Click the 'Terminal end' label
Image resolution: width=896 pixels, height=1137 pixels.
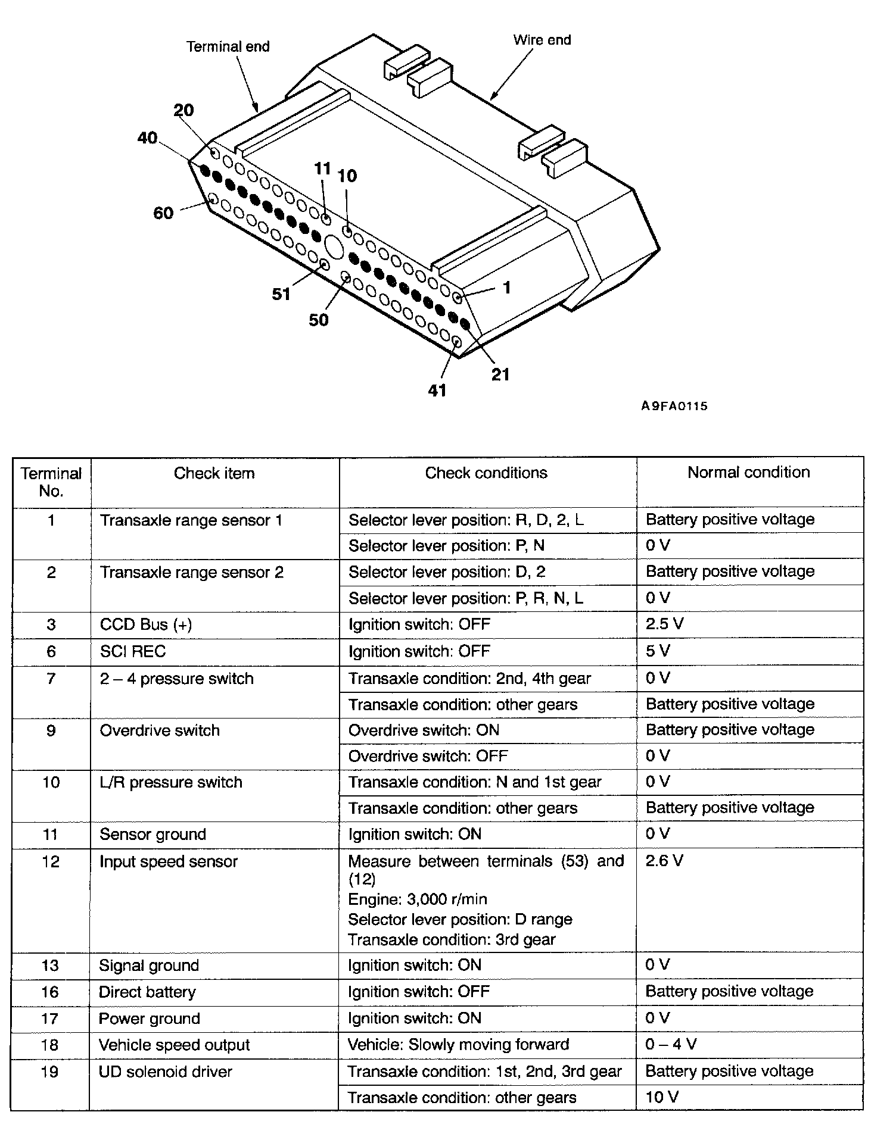point(228,46)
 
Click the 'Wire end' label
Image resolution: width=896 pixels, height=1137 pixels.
point(542,40)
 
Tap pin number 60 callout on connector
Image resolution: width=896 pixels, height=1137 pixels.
point(163,213)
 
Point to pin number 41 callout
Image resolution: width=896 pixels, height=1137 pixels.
point(437,391)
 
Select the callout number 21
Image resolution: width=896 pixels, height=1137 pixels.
point(500,374)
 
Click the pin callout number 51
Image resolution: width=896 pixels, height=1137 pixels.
point(281,294)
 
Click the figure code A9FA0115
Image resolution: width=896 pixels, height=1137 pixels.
point(674,406)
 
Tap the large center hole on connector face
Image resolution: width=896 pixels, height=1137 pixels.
point(334,246)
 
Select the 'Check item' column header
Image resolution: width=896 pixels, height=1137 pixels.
point(214,473)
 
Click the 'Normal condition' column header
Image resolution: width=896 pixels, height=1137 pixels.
point(748,472)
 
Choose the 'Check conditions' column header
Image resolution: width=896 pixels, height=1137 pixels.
point(486,473)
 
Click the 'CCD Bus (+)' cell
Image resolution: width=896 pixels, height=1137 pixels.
point(146,624)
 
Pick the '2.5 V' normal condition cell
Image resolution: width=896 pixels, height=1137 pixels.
point(664,624)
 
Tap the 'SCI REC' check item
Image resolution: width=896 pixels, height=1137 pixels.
point(133,651)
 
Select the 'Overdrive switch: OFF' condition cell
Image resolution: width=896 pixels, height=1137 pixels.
point(428,756)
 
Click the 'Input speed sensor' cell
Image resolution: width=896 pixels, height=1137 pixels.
point(169,861)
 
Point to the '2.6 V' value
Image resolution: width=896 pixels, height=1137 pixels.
point(664,861)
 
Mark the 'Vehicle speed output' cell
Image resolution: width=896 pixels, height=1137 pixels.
point(174,1045)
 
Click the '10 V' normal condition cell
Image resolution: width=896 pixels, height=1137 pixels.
point(662,1097)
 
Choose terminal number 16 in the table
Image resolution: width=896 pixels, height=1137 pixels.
point(51,992)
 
